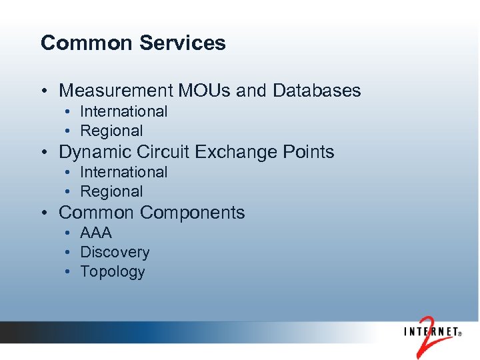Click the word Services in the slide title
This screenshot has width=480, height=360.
click(183, 43)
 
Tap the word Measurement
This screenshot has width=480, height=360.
click(114, 91)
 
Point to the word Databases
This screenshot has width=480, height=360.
click(317, 91)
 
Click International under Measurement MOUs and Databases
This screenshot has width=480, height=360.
click(123, 111)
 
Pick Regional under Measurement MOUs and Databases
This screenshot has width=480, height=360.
click(111, 131)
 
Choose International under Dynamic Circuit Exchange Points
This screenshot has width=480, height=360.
click(123, 172)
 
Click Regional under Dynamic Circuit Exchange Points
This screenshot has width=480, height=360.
click(111, 191)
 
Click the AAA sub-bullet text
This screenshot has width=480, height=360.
click(96, 233)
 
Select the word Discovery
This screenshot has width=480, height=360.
click(115, 253)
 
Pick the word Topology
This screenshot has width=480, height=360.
click(112, 272)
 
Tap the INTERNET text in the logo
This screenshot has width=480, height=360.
click(429, 331)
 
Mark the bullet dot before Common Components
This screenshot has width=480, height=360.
click(43, 213)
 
